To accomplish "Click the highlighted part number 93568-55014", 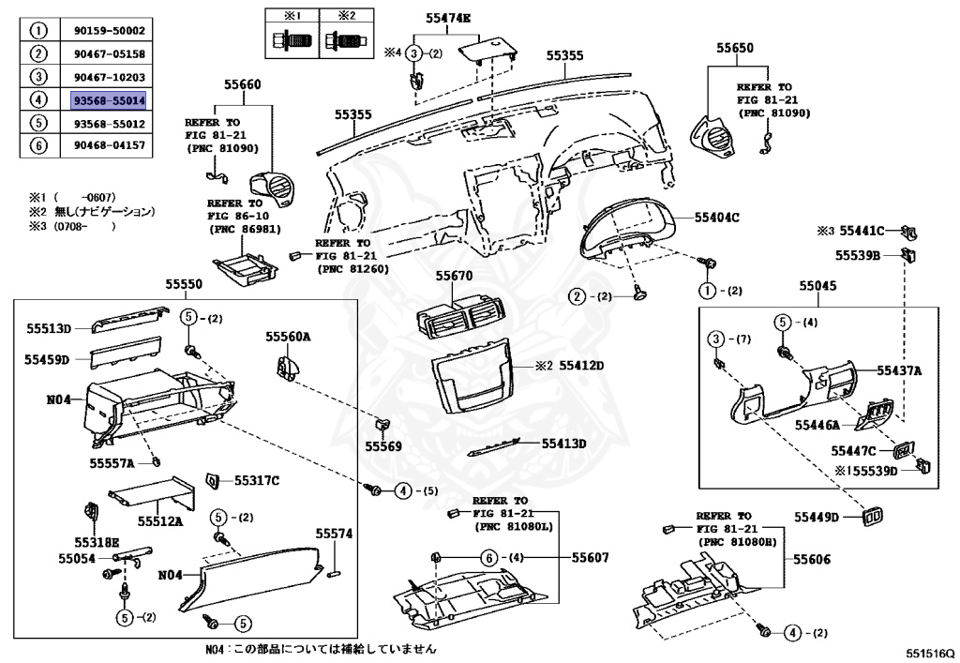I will [x=109, y=98].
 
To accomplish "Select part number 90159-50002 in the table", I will [x=109, y=31].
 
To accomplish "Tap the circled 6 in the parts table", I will [x=38, y=145].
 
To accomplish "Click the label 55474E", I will [x=449, y=18].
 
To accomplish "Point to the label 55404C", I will [x=717, y=217].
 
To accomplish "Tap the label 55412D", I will [x=581, y=365].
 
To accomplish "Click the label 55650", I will [x=736, y=46].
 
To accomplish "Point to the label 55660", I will [x=242, y=84].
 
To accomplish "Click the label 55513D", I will [x=48, y=329].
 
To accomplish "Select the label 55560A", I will [x=288, y=336].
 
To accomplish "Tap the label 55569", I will [x=383, y=446].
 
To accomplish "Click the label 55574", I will [x=334, y=534].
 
